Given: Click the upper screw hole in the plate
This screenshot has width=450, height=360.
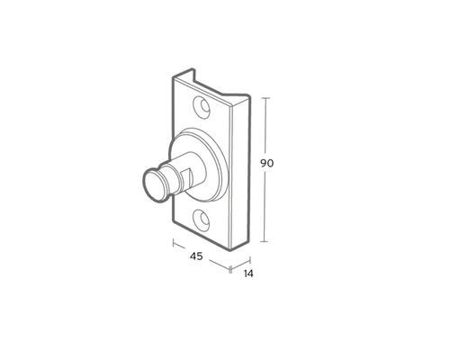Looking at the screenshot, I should pos(202,106).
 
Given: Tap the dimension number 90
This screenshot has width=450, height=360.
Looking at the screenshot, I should pos(266,164).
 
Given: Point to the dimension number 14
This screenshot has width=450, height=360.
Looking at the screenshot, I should pos(247,273).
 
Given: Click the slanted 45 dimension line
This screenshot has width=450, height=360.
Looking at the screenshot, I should pos(202,254).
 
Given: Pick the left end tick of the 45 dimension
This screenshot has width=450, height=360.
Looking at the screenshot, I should pos(174,241).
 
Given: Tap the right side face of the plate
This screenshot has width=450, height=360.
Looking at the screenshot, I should pos(239,171).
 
